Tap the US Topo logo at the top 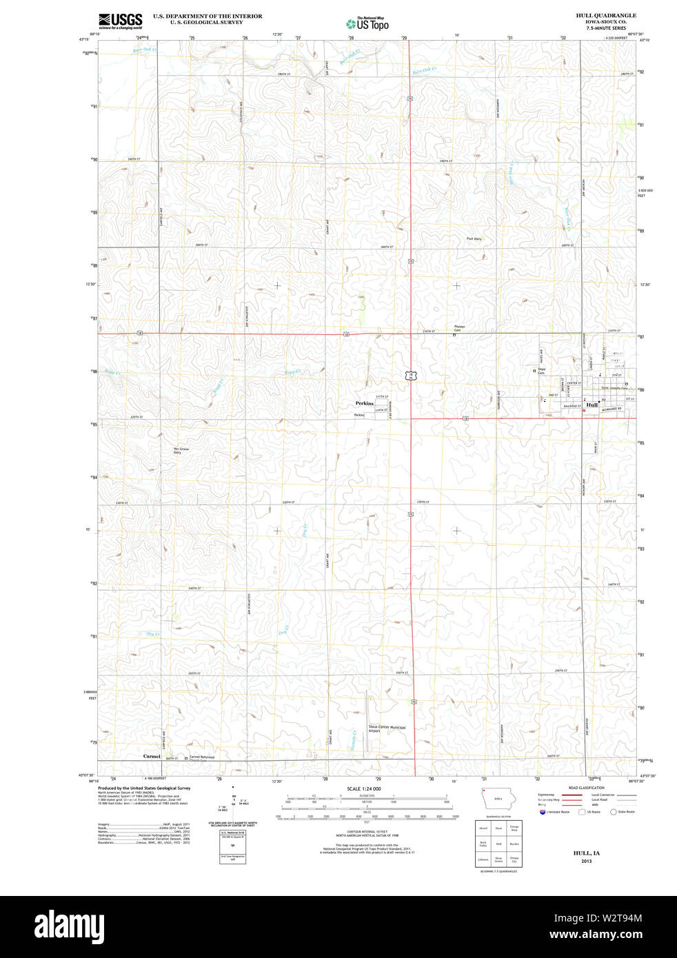click(x=367, y=23)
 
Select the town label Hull click(x=592, y=405)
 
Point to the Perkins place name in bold click(x=364, y=403)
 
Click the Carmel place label click(x=152, y=756)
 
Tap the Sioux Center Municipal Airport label click(x=387, y=728)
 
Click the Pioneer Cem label click(x=461, y=328)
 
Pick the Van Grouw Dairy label click(x=181, y=451)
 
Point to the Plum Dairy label click(x=474, y=238)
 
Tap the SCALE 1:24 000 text click(x=363, y=788)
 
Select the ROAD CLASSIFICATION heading click(x=586, y=787)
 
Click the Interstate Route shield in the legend click(x=543, y=812)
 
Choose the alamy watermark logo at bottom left click(x=69, y=926)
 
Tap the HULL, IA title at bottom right click(x=586, y=853)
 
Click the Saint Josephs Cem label click(x=614, y=387)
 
